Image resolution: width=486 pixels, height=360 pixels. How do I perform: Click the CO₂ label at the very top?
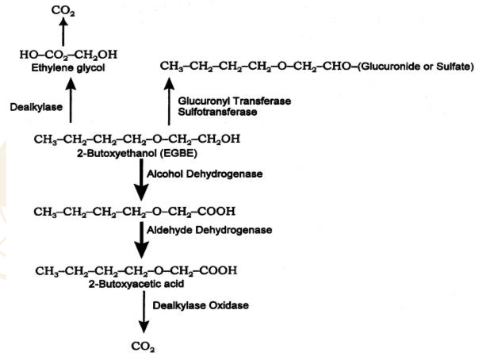tap(60, 10)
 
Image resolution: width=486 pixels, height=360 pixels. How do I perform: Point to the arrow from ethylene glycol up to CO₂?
tap(61, 33)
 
